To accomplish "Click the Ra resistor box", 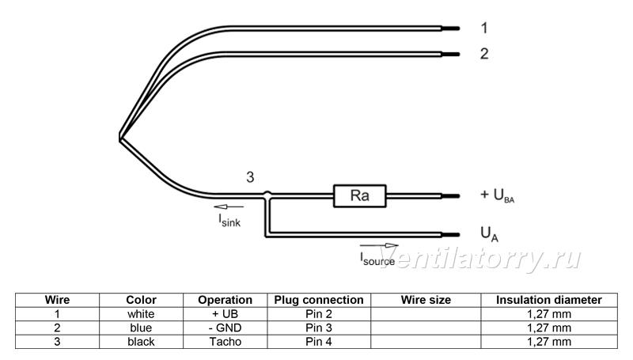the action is tap(359, 196).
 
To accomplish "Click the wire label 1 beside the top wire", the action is tap(484, 28).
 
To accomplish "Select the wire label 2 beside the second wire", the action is tap(484, 54).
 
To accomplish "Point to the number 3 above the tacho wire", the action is tap(250, 177).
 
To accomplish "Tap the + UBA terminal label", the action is tap(498, 195).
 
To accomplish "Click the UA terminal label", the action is tap(489, 234).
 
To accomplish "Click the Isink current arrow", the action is tap(229, 207).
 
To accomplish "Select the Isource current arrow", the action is tap(379, 245).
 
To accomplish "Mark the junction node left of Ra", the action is tap(267, 195).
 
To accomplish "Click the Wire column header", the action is tap(57, 300).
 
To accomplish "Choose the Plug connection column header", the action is tap(319, 300).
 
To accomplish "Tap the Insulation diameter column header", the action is tap(549, 300).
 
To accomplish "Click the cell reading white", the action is tap(141, 314).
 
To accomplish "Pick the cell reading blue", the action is tap(141, 328).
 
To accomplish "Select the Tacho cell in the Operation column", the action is tap(226, 342).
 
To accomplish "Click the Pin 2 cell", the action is tap(319, 314).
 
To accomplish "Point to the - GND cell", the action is tap(226, 328).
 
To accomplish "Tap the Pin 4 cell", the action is tap(319, 342).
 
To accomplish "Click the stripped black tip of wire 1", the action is tap(450, 28).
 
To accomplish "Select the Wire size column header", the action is tap(426, 300).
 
